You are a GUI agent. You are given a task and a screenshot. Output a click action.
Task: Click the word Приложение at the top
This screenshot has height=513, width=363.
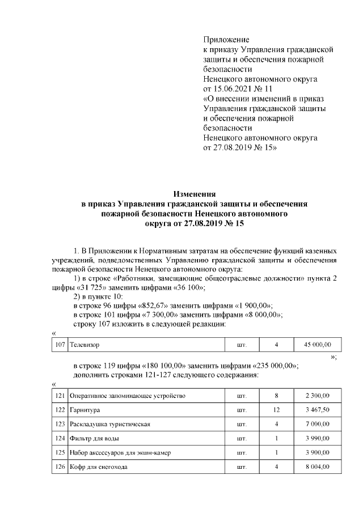tap(226, 40)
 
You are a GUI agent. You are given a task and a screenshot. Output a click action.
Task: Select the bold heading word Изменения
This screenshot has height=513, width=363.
tap(194, 194)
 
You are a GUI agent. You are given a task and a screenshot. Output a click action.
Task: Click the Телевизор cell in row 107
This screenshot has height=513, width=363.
tap(87, 344)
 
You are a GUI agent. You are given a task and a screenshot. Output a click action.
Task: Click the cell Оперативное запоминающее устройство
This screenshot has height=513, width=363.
tap(128, 395)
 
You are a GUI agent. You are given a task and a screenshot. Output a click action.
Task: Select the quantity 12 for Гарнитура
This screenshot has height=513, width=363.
tap(277, 409)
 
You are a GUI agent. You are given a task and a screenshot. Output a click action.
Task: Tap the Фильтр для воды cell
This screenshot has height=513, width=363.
tap(94, 438)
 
